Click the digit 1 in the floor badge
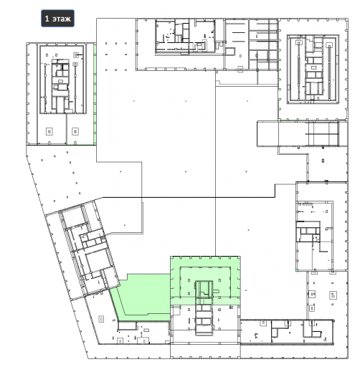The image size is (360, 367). pos(47,19)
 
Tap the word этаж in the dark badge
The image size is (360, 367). pos(62,19)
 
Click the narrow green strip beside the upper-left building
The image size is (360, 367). pos(95,94)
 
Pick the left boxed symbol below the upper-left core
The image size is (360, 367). pos(49,131)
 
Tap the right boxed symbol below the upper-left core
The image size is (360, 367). pos(75,131)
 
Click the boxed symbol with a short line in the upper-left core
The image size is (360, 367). pos(76,55)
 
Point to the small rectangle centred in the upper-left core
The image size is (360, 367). pos(61,81)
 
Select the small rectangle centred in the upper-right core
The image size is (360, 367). pos(313,67)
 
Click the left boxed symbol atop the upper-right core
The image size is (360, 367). pos(299,42)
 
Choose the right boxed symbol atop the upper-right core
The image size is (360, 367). pos(329,44)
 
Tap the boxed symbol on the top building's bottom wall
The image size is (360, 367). pos(240,70)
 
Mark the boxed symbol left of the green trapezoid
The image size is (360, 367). pos(102,319)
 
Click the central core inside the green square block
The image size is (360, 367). pos(204,290)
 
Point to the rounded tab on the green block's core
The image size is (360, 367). pos(216,291)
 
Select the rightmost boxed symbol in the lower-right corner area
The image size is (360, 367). pos(333,295)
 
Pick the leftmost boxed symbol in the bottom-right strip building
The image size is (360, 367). pos(263,323)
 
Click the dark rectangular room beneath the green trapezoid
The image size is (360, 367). pos(127,325)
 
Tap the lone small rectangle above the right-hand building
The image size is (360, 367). pos(323,161)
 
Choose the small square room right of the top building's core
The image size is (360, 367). pos(229,52)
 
